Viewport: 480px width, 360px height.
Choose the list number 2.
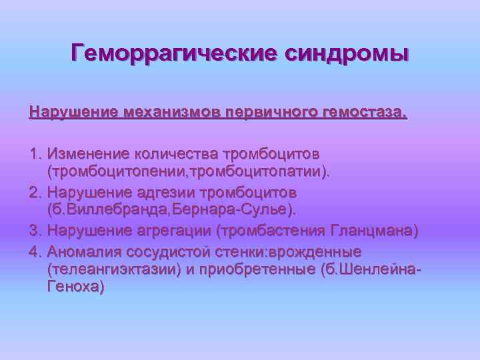35,193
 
